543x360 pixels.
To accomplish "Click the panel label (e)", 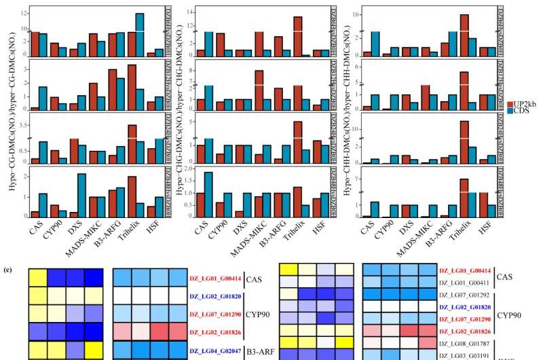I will [x=7, y=269].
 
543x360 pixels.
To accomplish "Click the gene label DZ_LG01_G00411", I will [x=465, y=283].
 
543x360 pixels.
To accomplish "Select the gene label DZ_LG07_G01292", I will [x=465, y=295].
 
